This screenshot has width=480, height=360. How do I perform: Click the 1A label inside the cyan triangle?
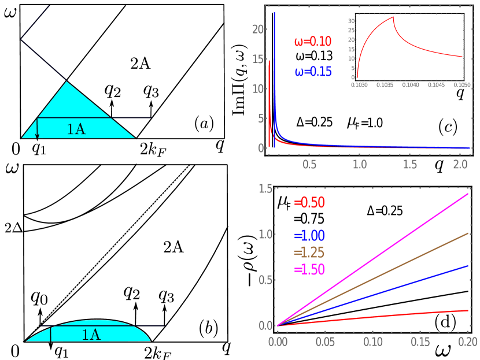(x=76, y=129)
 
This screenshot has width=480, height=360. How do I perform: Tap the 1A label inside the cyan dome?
(x=91, y=335)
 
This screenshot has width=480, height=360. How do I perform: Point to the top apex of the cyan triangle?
(x=67, y=82)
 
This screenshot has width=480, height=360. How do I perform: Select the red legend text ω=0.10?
(x=313, y=42)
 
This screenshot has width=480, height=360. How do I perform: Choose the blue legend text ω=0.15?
(x=313, y=72)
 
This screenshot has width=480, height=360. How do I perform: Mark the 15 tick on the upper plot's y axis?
(x=258, y=59)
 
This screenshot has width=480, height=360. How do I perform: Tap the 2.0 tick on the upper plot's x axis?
(x=460, y=165)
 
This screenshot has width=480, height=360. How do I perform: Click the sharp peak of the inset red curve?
(x=393, y=17)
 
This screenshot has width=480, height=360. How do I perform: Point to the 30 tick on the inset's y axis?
(x=351, y=21)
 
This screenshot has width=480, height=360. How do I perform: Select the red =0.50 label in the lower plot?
(x=309, y=203)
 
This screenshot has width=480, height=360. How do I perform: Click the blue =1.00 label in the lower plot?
(x=309, y=236)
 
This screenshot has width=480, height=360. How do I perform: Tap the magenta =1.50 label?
(x=309, y=270)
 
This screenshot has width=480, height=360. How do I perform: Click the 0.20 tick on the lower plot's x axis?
(x=467, y=342)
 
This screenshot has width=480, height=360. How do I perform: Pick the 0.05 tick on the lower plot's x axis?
(x=325, y=342)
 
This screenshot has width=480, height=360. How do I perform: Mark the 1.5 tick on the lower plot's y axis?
(x=265, y=189)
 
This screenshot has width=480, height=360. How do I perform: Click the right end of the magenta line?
(x=467, y=194)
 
